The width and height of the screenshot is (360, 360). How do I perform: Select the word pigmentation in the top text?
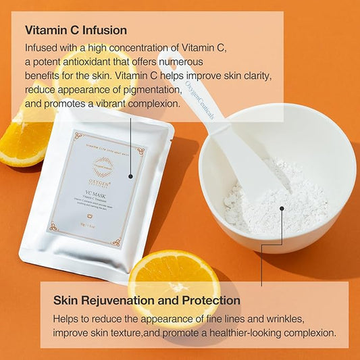pyautogui.click(x=149, y=90)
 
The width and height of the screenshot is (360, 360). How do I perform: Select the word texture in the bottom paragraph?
pyautogui.click(x=121, y=333)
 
